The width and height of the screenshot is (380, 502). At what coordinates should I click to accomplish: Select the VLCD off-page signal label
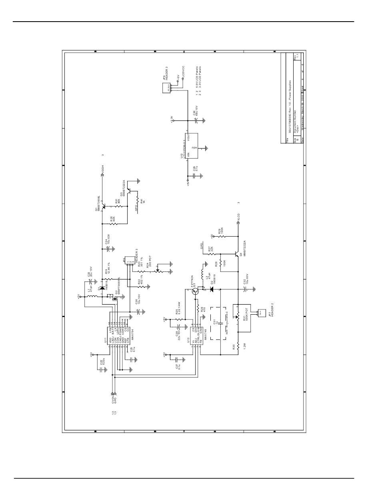point(238,218)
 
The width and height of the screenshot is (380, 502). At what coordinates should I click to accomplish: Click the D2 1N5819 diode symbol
point(211,289)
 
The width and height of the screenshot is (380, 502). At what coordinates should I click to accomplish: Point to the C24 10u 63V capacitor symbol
point(110,248)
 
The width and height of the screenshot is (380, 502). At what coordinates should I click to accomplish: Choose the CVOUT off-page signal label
point(113,400)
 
